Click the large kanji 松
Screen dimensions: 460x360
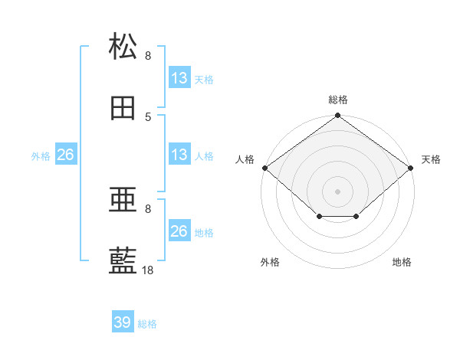point(123,46)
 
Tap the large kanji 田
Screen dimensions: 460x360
point(123,108)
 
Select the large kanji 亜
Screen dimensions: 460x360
point(123,199)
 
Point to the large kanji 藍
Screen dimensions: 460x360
point(123,260)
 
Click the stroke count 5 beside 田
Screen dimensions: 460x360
point(148,117)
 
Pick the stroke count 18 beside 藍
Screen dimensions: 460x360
point(147,270)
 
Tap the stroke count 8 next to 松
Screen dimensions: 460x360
point(148,56)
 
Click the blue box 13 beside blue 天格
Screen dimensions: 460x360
point(179,77)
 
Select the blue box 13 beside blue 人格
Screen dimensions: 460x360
point(179,154)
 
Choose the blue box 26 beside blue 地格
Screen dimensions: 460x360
point(179,230)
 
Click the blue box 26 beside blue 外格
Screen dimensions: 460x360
point(66,154)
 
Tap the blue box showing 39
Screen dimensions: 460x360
point(123,321)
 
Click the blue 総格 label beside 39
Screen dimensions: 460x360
point(147,324)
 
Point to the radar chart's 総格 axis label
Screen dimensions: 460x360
point(338,100)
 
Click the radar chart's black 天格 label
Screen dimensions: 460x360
point(431,159)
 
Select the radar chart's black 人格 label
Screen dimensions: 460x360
point(245,159)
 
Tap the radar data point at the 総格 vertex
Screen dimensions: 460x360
point(337,115)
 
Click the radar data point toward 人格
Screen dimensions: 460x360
point(265,168)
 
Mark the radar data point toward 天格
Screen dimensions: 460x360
point(411,168)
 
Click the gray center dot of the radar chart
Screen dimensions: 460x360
point(337,191)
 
